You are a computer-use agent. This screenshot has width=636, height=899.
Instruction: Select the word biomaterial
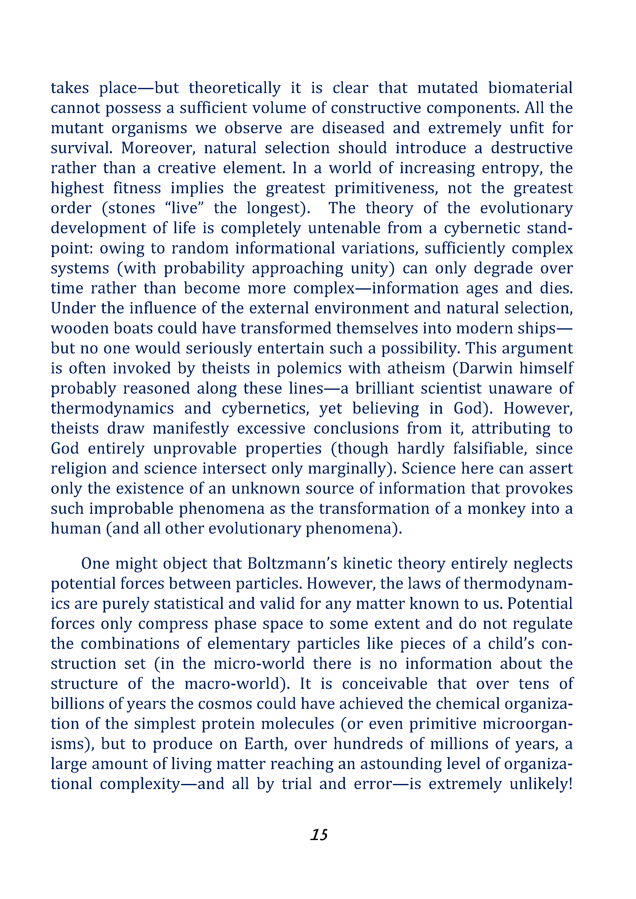530,88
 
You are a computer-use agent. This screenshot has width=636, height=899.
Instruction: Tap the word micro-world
259,664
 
